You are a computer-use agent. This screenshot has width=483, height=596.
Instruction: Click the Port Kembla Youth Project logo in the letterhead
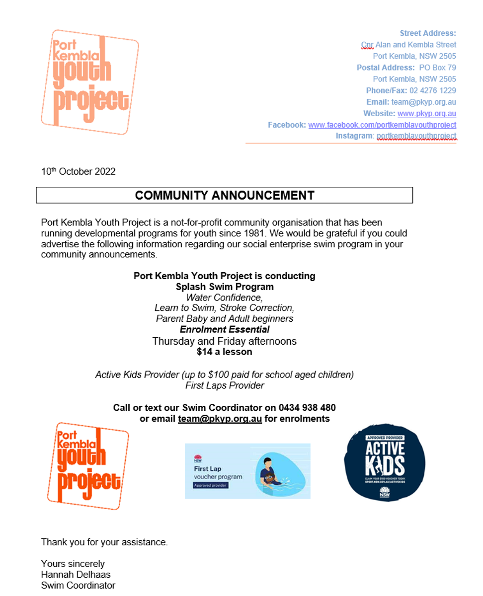pos(89,82)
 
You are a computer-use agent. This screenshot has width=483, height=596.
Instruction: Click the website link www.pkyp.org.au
pos(426,113)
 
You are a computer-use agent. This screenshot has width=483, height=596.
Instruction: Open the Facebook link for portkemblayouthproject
pos(382,125)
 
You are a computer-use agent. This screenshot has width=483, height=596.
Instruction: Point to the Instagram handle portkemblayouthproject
pos(416,136)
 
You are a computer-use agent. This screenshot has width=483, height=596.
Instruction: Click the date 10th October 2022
pos(78,172)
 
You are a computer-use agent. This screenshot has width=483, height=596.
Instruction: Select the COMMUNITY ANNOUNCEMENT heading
pos(225,195)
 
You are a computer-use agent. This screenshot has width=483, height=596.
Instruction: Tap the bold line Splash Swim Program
pos(225,287)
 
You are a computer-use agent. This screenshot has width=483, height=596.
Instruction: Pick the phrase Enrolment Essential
pos(225,329)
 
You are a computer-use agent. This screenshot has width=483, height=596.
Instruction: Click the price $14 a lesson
pos(225,352)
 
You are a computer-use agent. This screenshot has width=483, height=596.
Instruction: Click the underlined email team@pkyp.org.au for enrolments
pos(220,419)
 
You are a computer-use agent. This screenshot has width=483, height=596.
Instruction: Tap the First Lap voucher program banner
pos(247,470)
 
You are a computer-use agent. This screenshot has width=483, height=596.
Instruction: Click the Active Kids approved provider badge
pos(385,462)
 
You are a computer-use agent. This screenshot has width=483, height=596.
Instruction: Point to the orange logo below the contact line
pos(88,465)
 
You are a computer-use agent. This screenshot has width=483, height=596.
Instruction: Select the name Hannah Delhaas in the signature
pos(76,575)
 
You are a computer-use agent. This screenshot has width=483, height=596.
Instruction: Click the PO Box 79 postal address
pos(437,68)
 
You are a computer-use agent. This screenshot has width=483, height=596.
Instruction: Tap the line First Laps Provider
pos(225,385)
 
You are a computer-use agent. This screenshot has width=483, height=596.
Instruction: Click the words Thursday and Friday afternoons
pos(225,341)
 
